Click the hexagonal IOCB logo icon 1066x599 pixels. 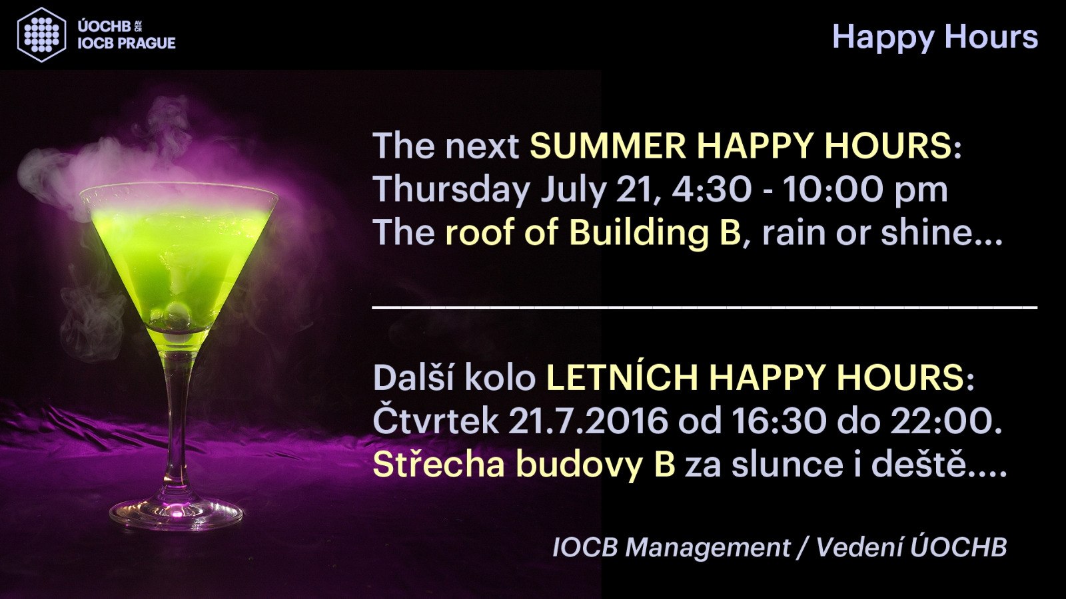click(41, 35)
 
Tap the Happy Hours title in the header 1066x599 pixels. click(935, 37)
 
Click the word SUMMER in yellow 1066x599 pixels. click(608, 146)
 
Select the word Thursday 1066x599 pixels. click(451, 189)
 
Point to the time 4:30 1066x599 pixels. click(712, 189)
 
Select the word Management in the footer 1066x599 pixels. click(707, 548)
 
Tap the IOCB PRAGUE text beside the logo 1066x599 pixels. click(127, 43)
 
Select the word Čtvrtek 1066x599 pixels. click(436, 419)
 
